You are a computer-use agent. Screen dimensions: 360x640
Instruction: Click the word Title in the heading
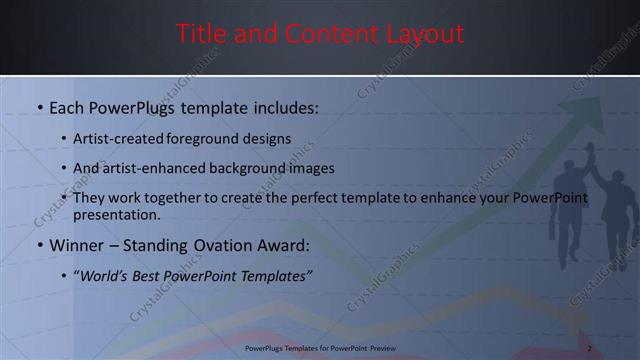(x=200, y=34)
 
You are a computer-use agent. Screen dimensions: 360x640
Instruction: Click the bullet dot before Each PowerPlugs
(x=39, y=108)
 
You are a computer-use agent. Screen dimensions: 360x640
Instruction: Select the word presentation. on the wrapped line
(x=116, y=215)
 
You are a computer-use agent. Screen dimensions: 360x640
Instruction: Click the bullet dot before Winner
(x=39, y=244)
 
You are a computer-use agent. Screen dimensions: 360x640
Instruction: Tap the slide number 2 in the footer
(x=590, y=348)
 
